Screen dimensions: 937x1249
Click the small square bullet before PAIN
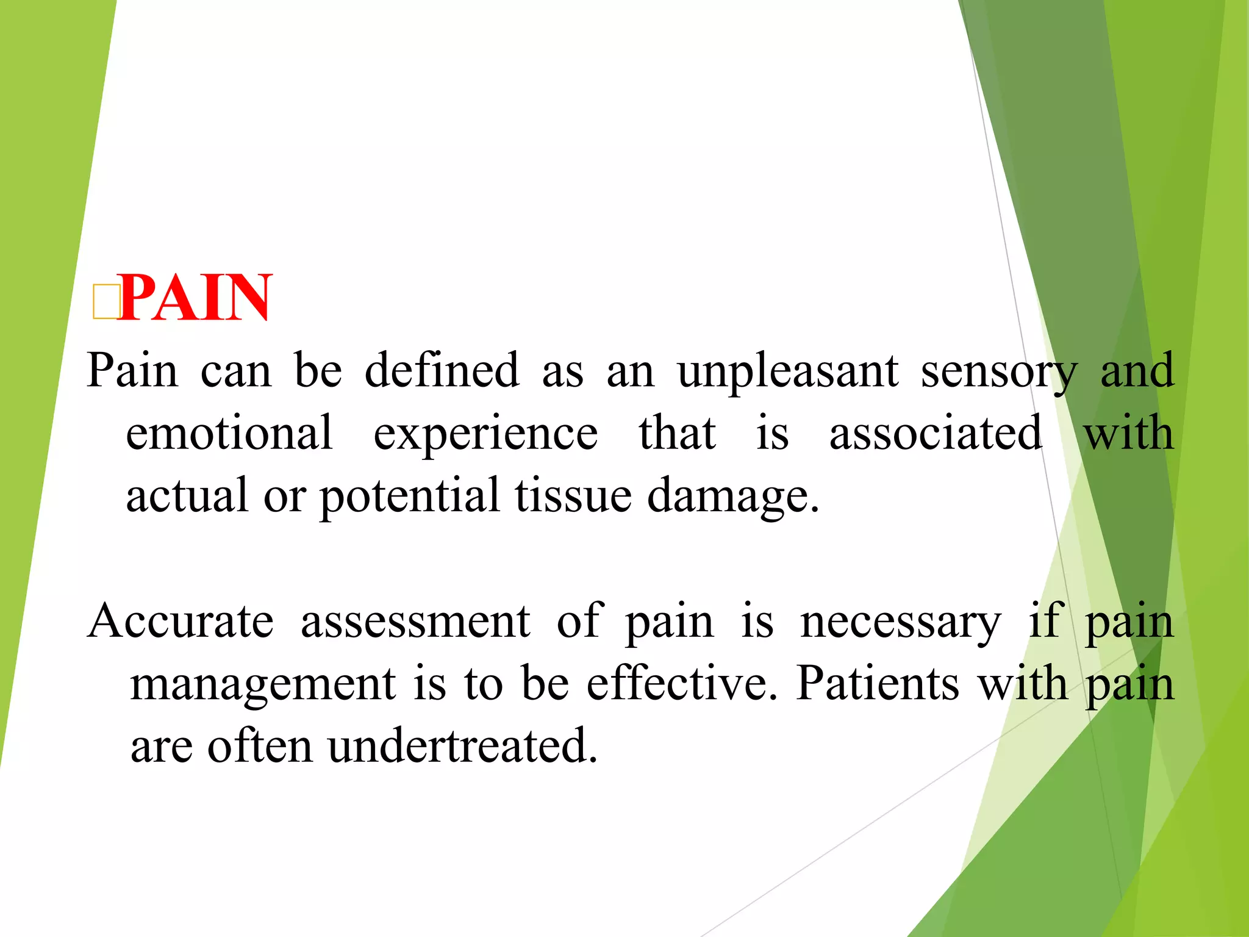105,301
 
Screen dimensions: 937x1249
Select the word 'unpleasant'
788,370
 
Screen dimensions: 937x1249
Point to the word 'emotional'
229,433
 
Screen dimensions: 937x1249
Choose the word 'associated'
936,433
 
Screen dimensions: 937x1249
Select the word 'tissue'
573,495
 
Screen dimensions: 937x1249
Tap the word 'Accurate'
181,621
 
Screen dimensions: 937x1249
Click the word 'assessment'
415,621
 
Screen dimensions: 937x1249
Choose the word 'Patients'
878,683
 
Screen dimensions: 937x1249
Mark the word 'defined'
442,370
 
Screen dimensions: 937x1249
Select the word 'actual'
187,495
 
